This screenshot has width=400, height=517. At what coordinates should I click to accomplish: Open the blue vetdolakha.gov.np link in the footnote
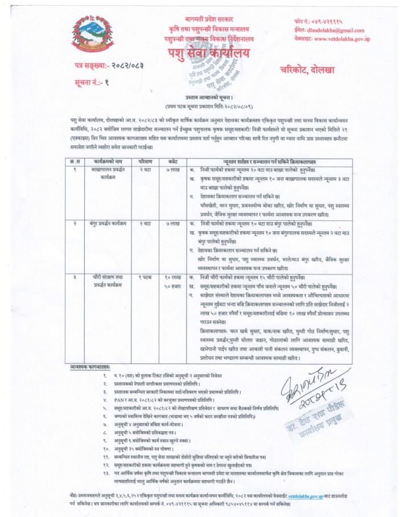point(310,496)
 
